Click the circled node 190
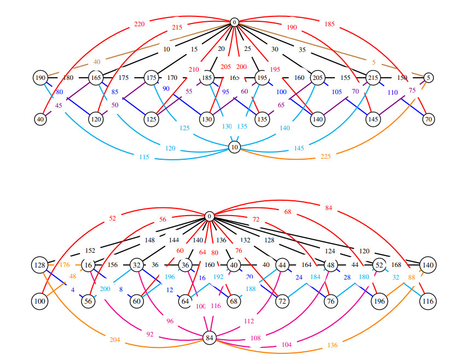(40, 78)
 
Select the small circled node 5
(428, 78)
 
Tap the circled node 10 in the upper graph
(235, 147)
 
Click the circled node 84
(209, 338)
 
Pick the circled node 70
(428, 118)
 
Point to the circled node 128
(40, 265)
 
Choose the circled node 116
(428, 301)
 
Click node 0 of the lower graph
(209, 217)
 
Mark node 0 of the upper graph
(235, 22)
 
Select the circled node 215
(374, 78)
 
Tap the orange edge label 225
(325, 156)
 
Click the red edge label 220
(139, 24)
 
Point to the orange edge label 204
(114, 340)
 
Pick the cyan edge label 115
(144, 157)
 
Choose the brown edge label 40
(97, 62)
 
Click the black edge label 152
(91, 251)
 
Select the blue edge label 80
(59, 92)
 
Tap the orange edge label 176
(65, 265)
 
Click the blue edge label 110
(392, 92)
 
